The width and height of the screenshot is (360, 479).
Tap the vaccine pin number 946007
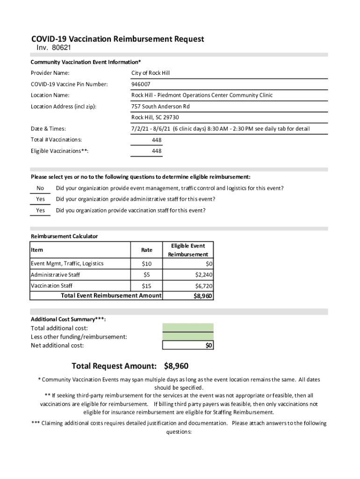tap(141, 84)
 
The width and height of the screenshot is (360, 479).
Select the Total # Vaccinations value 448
tap(157, 140)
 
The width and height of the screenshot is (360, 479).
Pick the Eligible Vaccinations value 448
tap(157, 151)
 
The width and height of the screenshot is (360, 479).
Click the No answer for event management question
tap(40, 189)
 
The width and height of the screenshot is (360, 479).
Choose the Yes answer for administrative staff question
tap(41, 199)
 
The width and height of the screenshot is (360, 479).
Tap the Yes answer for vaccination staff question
tap(41, 210)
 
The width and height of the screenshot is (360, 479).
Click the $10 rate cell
tap(146, 264)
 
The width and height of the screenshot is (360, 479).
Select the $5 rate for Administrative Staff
tap(146, 275)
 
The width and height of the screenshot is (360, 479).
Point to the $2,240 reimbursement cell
tap(204, 275)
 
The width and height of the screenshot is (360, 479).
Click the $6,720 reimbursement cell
tap(204, 286)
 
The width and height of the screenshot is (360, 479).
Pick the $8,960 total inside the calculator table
tap(203, 296)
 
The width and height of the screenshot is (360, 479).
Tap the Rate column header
tap(146, 250)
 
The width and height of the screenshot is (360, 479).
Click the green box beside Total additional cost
tap(187, 327)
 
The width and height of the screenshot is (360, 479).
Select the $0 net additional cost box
tap(187, 345)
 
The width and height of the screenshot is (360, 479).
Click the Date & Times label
tap(48, 129)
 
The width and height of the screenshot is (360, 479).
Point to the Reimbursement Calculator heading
tap(64, 236)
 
